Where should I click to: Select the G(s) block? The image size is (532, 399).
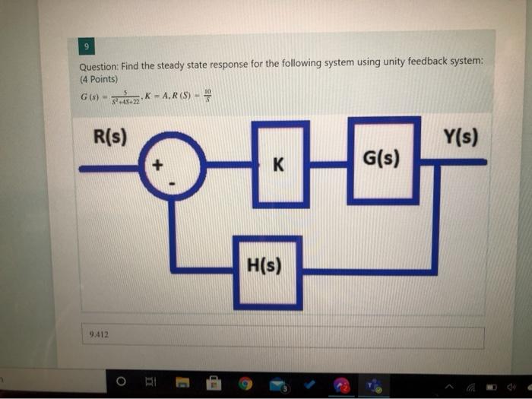pos(384,160)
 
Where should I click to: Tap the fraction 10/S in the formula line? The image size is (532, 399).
pos(209,95)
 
